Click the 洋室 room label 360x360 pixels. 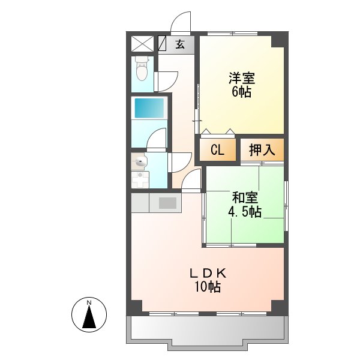pyautogui.click(x=241, y=78)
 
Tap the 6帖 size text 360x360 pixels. pyautogui.click(x=241, y=92)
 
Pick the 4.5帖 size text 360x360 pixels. pyautogui.click(x=245, y=211)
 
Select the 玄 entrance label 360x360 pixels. pyautogui.click(x=179, y=44)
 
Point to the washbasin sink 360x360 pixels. pyautogui.click(x=142, y=161)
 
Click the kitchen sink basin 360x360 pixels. pyautogui.click(x=167, y=203)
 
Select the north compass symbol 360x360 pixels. pyautogui.click(x=89, y=314)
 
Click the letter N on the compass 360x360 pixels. pyautogui.click(x=89, y=302)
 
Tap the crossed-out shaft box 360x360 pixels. pyautogui.click(x=143, y=44)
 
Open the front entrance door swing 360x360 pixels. pyautogui.click(x=181, y=24)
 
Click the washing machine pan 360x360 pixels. pyautogui.click(x=142, y=179)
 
